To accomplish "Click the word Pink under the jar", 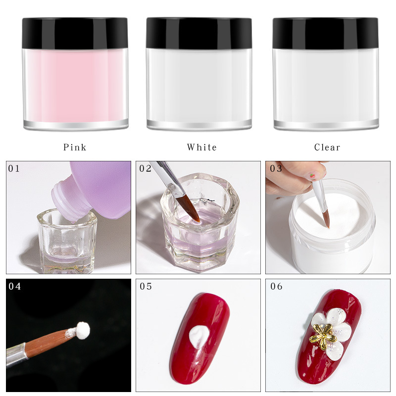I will (x=75, y=147).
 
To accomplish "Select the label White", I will (x=201, y=147).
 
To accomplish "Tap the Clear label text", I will (x=327, y=147).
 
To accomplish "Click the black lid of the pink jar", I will (x=75, y=33).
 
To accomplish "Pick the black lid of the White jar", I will (x=199, y=33).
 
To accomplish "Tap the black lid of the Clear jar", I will (x=325, y=33).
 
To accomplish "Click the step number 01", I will (x=14, y=169).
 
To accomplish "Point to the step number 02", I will (x=146, y=169).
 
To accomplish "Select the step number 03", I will (x=276, y=169).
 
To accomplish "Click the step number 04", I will (x=15, y=287).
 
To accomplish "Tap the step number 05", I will (x=146, y=287).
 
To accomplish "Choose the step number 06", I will (x=276, y=287).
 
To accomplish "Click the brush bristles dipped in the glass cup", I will (x=190, y=208).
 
